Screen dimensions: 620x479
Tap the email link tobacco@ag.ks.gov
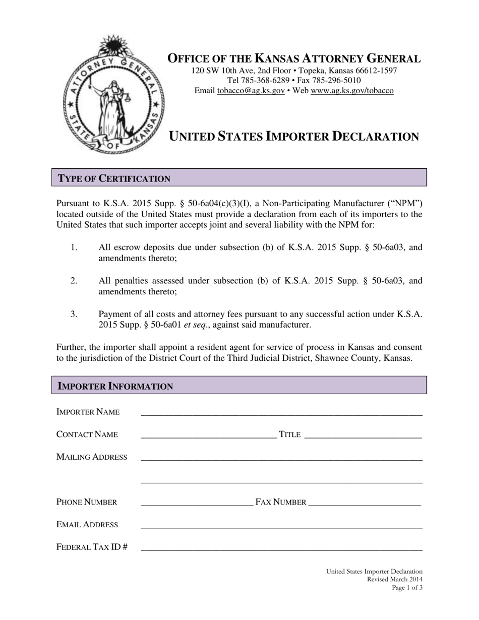pyautogui.click(x=251, y=91)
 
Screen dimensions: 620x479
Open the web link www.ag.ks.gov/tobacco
pyautogui.click(x=352, y=91)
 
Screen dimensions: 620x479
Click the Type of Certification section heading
pyautogui.click(x=114, y=178)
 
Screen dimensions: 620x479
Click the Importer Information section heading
pyautogui.click(x=115, y=386)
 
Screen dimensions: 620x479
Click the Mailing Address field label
pyautogui.click(x=92, y=457)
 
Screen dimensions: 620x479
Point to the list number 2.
pyautogui.click(x=74, y=280)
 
